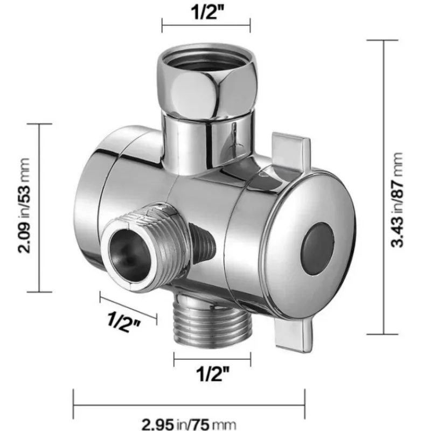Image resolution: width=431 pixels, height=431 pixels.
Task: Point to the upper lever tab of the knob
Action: (x=291, y=151)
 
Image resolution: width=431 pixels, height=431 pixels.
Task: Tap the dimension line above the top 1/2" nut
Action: (x=206, y=24)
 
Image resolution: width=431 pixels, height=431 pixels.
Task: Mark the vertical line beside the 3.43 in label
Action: (x=384, y=186)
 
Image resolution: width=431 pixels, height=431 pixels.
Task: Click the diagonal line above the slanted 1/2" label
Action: (x=128, y=305)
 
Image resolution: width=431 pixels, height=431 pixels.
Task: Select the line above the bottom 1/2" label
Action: (x=212, y=356)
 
